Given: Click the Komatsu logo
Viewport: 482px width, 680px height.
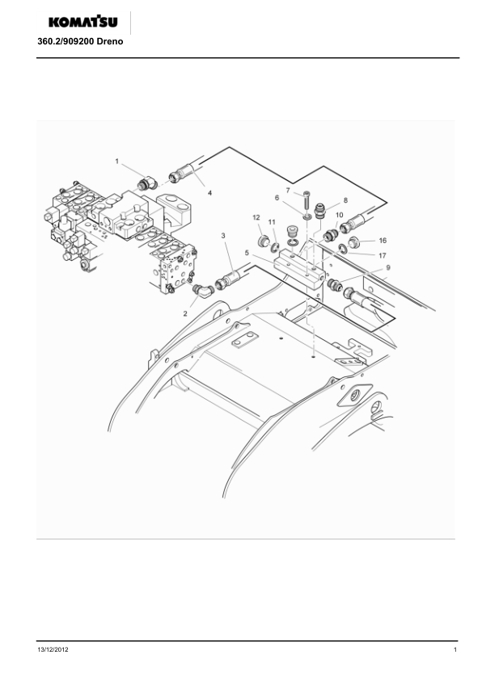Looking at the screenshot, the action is [x=83, y=22].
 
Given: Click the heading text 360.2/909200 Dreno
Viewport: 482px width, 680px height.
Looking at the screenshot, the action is [x=80, y=42].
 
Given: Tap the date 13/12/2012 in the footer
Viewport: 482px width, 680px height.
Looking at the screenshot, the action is [x=53, y=649].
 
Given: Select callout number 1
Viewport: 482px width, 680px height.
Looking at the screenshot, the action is [x=116, y=162].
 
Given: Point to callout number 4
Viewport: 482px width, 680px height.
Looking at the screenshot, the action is [x=209, y=193].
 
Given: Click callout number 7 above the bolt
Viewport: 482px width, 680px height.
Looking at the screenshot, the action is [x=288, y=191].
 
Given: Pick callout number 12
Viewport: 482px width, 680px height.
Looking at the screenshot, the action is [x=256, y=218].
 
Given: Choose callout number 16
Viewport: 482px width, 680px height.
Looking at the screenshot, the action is [x=383, y=241].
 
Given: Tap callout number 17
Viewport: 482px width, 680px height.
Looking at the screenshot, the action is [x=383, y=255].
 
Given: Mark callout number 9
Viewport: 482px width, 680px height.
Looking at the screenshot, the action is [x=388, y=268].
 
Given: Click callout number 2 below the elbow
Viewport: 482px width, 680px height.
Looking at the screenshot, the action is [x=185, y=313].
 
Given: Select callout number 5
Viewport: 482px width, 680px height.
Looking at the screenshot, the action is [x=247, y=253].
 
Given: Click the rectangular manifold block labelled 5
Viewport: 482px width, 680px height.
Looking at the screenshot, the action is [x=299, y=269].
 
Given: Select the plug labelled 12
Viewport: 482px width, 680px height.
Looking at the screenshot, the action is [x=263, y=241].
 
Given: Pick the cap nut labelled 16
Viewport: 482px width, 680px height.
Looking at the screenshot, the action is [x=355, y=241].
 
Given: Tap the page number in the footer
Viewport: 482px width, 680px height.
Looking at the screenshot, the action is [x=455, y=649].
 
